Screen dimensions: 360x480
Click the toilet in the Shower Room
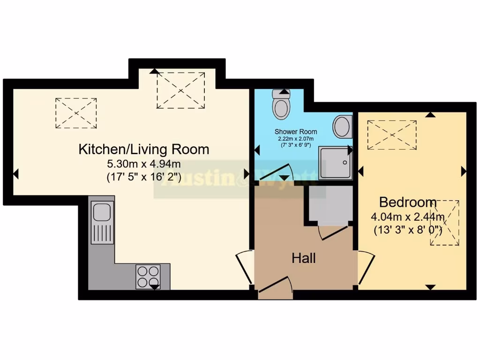click(x=282, y=105)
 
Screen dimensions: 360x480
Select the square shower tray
click(x=335, y=163)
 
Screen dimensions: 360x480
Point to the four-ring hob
click(x=148, y=277)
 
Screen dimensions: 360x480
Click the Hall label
click(x=303, y=258)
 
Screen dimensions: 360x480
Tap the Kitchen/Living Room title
click(x=143, y=150)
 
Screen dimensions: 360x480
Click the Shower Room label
click(x=296, y=132)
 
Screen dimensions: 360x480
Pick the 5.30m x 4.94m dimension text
click(x=144, y=164)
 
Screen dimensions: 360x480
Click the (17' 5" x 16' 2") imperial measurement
click(x=144, y=178)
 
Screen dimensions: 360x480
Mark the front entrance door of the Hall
click(x=276, y=287)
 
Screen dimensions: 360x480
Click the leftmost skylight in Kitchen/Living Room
click(x=76, y=113)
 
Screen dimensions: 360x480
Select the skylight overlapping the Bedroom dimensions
click(x=444, y=223)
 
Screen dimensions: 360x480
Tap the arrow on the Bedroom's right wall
click(x=464, y=172)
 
